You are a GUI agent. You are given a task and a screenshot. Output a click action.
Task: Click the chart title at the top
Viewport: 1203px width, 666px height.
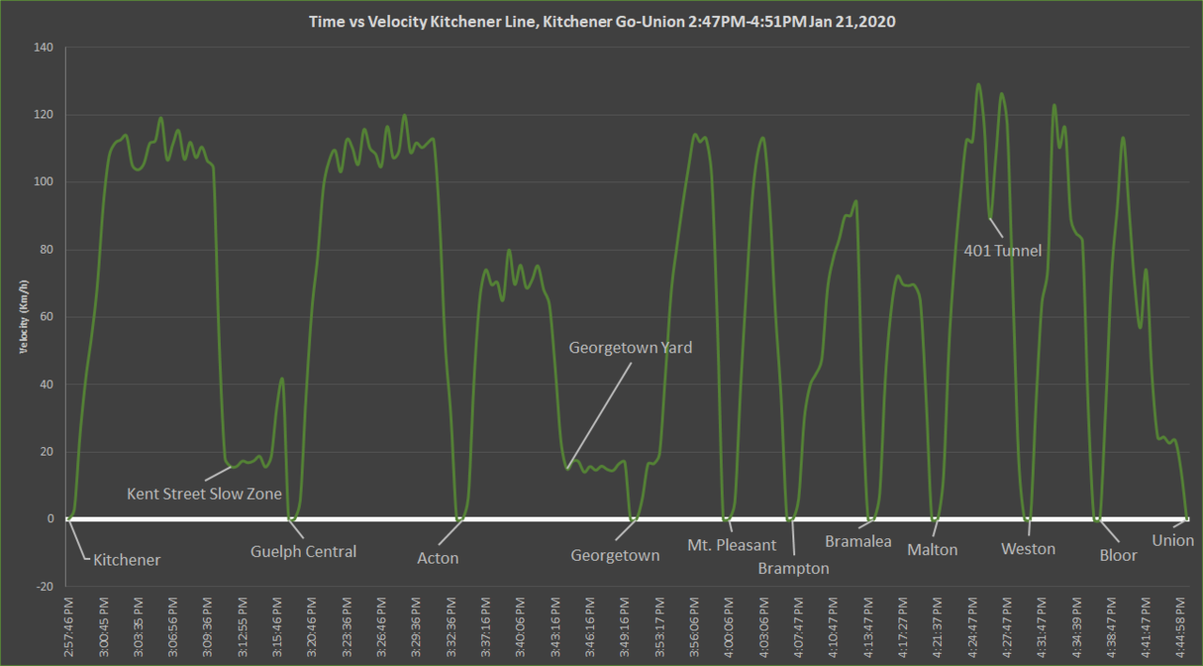[x=601, y=21]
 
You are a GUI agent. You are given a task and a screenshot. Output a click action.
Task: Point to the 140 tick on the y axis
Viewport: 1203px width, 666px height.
[x=44, y=48]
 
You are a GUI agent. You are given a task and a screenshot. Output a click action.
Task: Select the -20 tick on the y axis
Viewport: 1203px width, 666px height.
[x=44, y=586]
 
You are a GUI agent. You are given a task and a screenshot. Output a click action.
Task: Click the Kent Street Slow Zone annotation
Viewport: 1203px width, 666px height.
[x=204, y=493]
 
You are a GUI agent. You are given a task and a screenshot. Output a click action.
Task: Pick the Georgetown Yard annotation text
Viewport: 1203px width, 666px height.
[x=630, y=348]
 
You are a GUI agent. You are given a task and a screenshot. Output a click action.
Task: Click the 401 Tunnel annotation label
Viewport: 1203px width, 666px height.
[x=1003, y=251]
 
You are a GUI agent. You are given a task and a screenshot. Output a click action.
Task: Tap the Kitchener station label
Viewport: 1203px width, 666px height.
[x=127, y=560]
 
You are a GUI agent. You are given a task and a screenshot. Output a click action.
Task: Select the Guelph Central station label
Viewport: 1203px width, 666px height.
[x=304, y=551]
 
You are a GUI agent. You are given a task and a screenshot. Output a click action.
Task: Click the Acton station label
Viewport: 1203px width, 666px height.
[x=438, y=558]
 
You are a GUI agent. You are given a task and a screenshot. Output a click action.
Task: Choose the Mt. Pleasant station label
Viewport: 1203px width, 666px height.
[x=732, y=545]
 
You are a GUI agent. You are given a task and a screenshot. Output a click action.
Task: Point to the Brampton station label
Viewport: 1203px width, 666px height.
[x=793, y=568]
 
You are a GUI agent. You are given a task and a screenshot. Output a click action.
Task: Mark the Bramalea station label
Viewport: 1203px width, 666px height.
[x=858, y=541]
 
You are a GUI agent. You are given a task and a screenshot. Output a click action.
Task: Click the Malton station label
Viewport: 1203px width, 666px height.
[x=932, y=550]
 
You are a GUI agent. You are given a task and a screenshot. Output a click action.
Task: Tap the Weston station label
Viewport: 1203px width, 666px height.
[x=1028, y=549]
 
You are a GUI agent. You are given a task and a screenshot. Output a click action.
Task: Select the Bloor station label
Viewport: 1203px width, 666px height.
[x=1118, y=555]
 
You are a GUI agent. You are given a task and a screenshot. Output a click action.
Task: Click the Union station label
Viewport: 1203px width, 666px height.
[x=1173, y=540]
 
